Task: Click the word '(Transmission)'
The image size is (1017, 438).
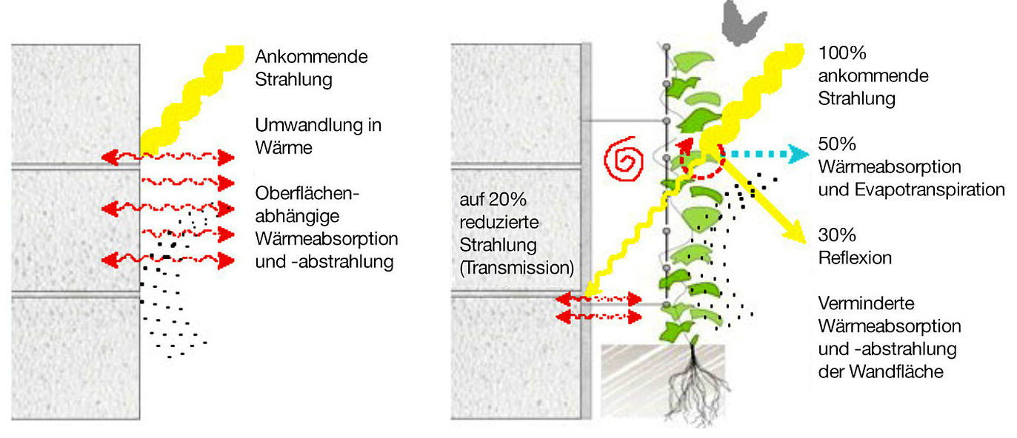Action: (516, 268)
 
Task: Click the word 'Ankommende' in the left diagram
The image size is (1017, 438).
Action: (311, 56)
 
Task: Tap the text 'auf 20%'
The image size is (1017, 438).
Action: (490, 200)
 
